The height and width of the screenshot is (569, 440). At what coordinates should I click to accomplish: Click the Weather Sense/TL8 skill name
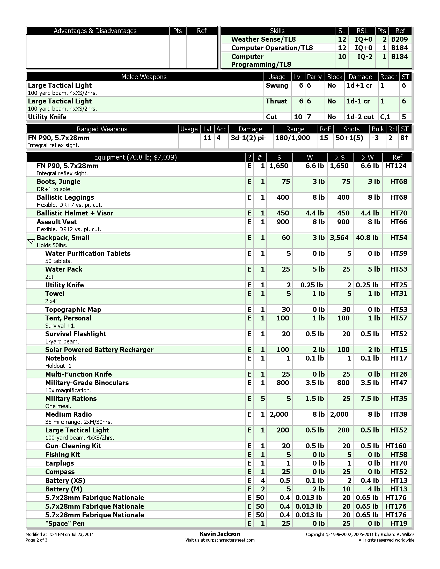[263, 39]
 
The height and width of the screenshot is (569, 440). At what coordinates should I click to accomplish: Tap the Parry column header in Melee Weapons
[314, 77]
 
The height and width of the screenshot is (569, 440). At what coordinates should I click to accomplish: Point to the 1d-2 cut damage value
[360, 117]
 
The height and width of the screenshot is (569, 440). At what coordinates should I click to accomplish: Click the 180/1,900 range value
[292, 138]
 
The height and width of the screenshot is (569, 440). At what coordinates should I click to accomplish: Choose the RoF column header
[325, 129]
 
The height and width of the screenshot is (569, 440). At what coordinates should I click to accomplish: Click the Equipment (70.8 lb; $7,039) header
[135, 157]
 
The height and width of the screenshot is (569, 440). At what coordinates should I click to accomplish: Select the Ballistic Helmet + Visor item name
[75, 213]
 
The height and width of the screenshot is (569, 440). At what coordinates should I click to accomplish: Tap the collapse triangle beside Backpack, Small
[31, 241]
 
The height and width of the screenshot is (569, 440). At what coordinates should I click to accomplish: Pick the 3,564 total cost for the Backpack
[339, 238]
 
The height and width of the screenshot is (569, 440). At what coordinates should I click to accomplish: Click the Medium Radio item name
[69, 415]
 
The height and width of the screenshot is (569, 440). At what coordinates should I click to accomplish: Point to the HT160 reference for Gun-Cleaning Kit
[396, 446]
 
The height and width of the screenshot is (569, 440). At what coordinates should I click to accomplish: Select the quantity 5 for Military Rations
[262, 399]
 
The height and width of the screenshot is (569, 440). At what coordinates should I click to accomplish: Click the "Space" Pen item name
[65, 523]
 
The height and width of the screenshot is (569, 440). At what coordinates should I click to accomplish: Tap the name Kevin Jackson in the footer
[220, 534]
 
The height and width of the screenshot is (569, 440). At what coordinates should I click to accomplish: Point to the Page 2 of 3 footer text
[36, 540]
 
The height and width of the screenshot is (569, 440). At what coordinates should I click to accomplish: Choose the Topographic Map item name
[73, 310]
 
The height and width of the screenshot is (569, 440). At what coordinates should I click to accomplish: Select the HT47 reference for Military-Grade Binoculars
[399, 383]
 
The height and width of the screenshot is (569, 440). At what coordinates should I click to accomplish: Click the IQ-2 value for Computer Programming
[365, 57]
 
